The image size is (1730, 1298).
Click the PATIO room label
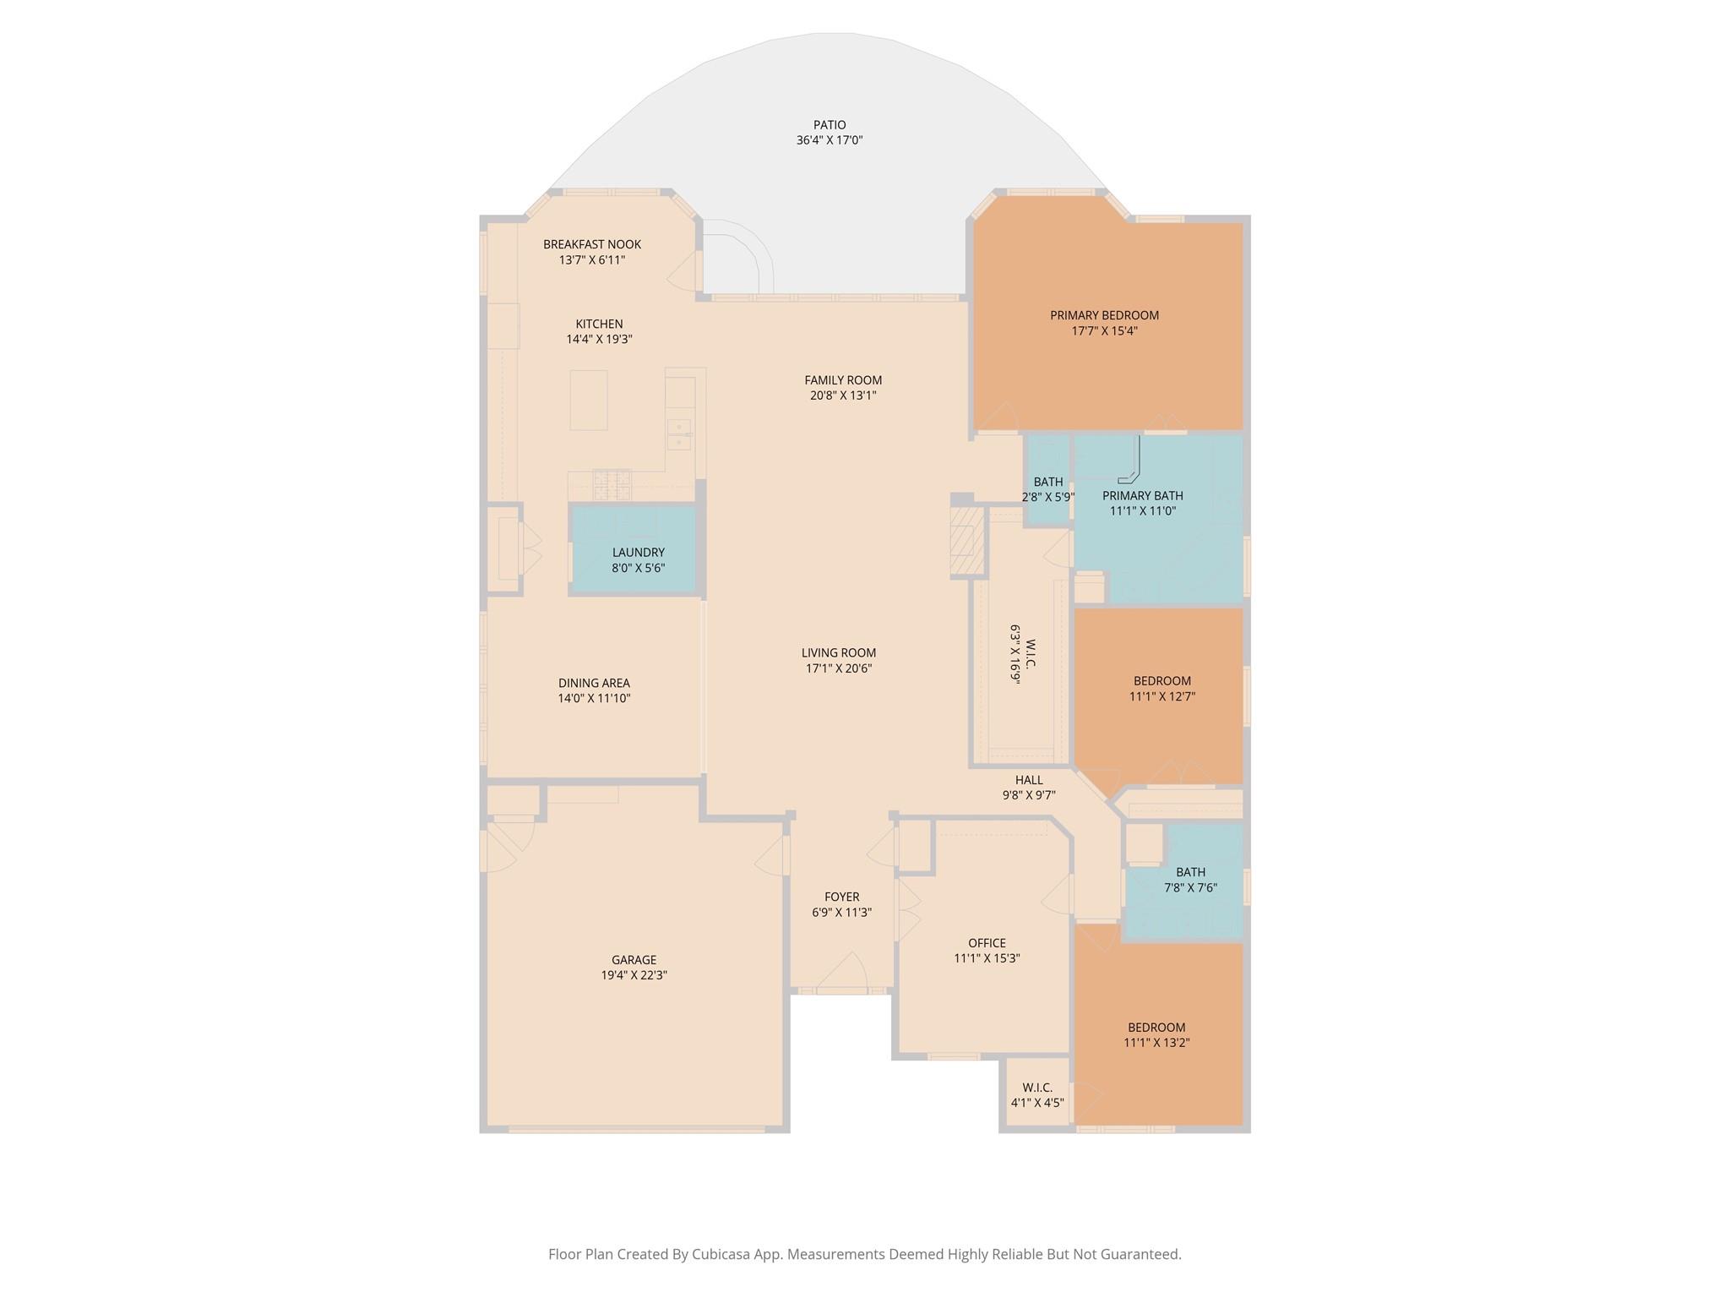(x=830, y=125)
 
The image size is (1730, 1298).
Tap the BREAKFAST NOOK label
(x=592, y=244)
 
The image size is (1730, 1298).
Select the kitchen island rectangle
(x=589, y=400)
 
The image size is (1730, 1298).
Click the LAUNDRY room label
(x=639, y=553)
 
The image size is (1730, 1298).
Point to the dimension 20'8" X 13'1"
(x=843, y=395)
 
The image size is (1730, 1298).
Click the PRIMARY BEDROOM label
(x=1104, y=315)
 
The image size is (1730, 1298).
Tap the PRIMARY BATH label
(x=1142, y=496)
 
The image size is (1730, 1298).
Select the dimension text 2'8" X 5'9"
(x=1048, y=498)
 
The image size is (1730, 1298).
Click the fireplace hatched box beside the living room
(x=968, y=540)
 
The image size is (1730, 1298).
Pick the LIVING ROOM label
(x=839, y=653)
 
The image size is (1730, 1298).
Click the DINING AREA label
(x=594, y=684)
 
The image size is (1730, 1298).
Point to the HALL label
(x=1029, y=780)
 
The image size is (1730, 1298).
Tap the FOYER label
(x=842, y=897)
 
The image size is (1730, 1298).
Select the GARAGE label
(x=634, y=960)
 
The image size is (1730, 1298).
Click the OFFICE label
(x=987, y=943)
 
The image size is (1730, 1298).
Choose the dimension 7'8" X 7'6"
(x=1190, y=888)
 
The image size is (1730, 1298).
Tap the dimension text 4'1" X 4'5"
(x=1037, y=1103)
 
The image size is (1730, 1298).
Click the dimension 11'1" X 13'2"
(x=1156, y=1043)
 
